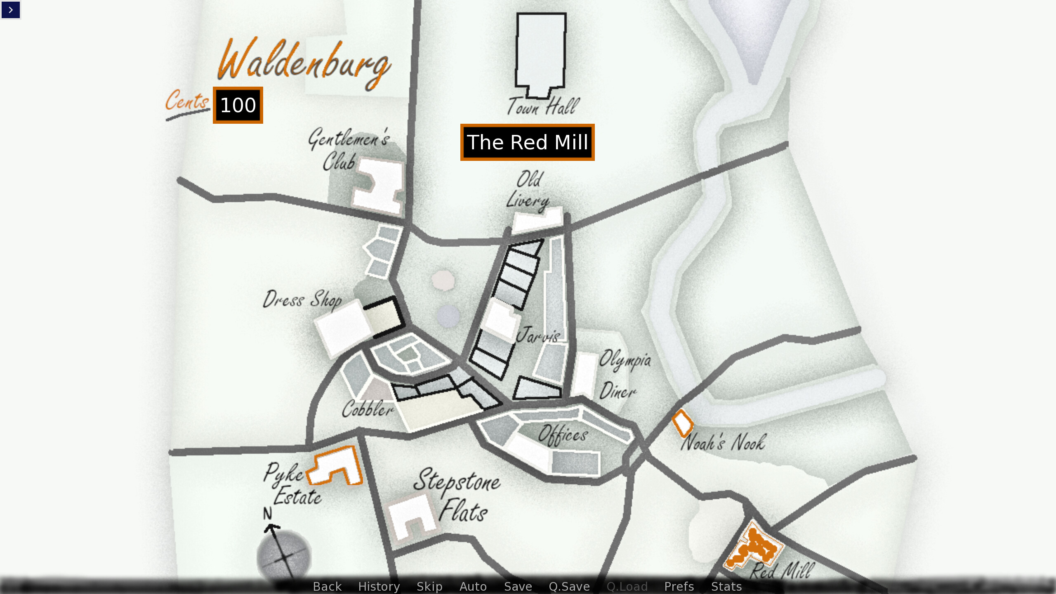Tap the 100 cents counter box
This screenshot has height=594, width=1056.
(238, 105)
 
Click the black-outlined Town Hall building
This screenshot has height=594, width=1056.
(541, 52)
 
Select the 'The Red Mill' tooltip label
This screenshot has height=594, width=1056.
(527, 142)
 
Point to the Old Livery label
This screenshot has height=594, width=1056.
(528, 190)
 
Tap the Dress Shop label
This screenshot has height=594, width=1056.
(302, 299)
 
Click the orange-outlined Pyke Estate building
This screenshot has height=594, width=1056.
(336, 464)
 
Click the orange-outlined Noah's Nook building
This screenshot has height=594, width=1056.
(683, 423)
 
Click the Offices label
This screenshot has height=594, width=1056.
(563, 434)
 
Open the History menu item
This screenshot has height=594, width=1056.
(379, 586)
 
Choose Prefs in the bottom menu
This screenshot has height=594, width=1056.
(679, 586)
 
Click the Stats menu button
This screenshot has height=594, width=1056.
(726, 586)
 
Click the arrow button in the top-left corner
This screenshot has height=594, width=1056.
(11, 10)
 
